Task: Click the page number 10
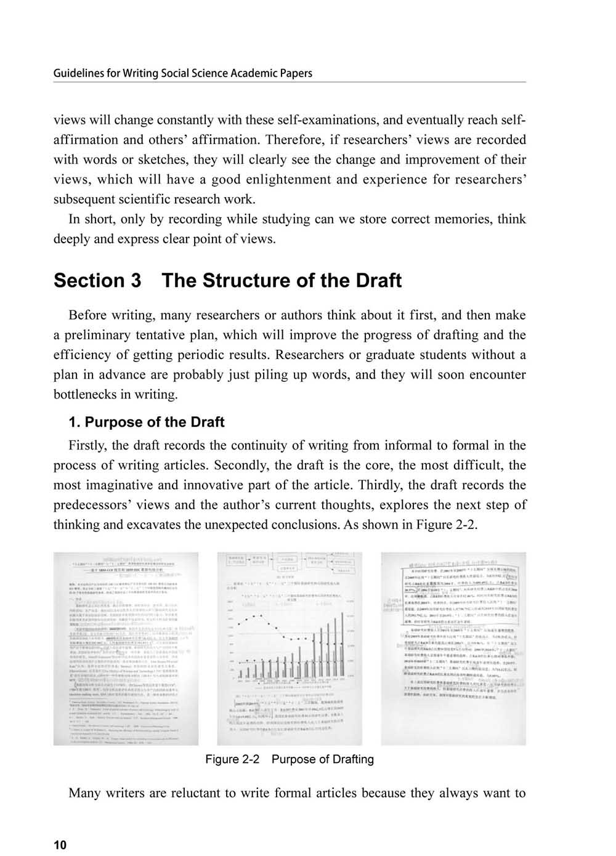coord(60,845)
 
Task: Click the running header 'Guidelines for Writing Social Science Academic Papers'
coord(183,73)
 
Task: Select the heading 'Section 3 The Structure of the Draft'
coord(227,281)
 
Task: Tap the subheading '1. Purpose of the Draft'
coord(147,422)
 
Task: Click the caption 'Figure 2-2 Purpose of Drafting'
coord(289,759)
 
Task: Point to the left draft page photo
coord(126,648)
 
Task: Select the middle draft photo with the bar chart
coord(290,648)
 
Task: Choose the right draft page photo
coord(453,648)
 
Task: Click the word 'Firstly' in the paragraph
coord(87,445)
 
